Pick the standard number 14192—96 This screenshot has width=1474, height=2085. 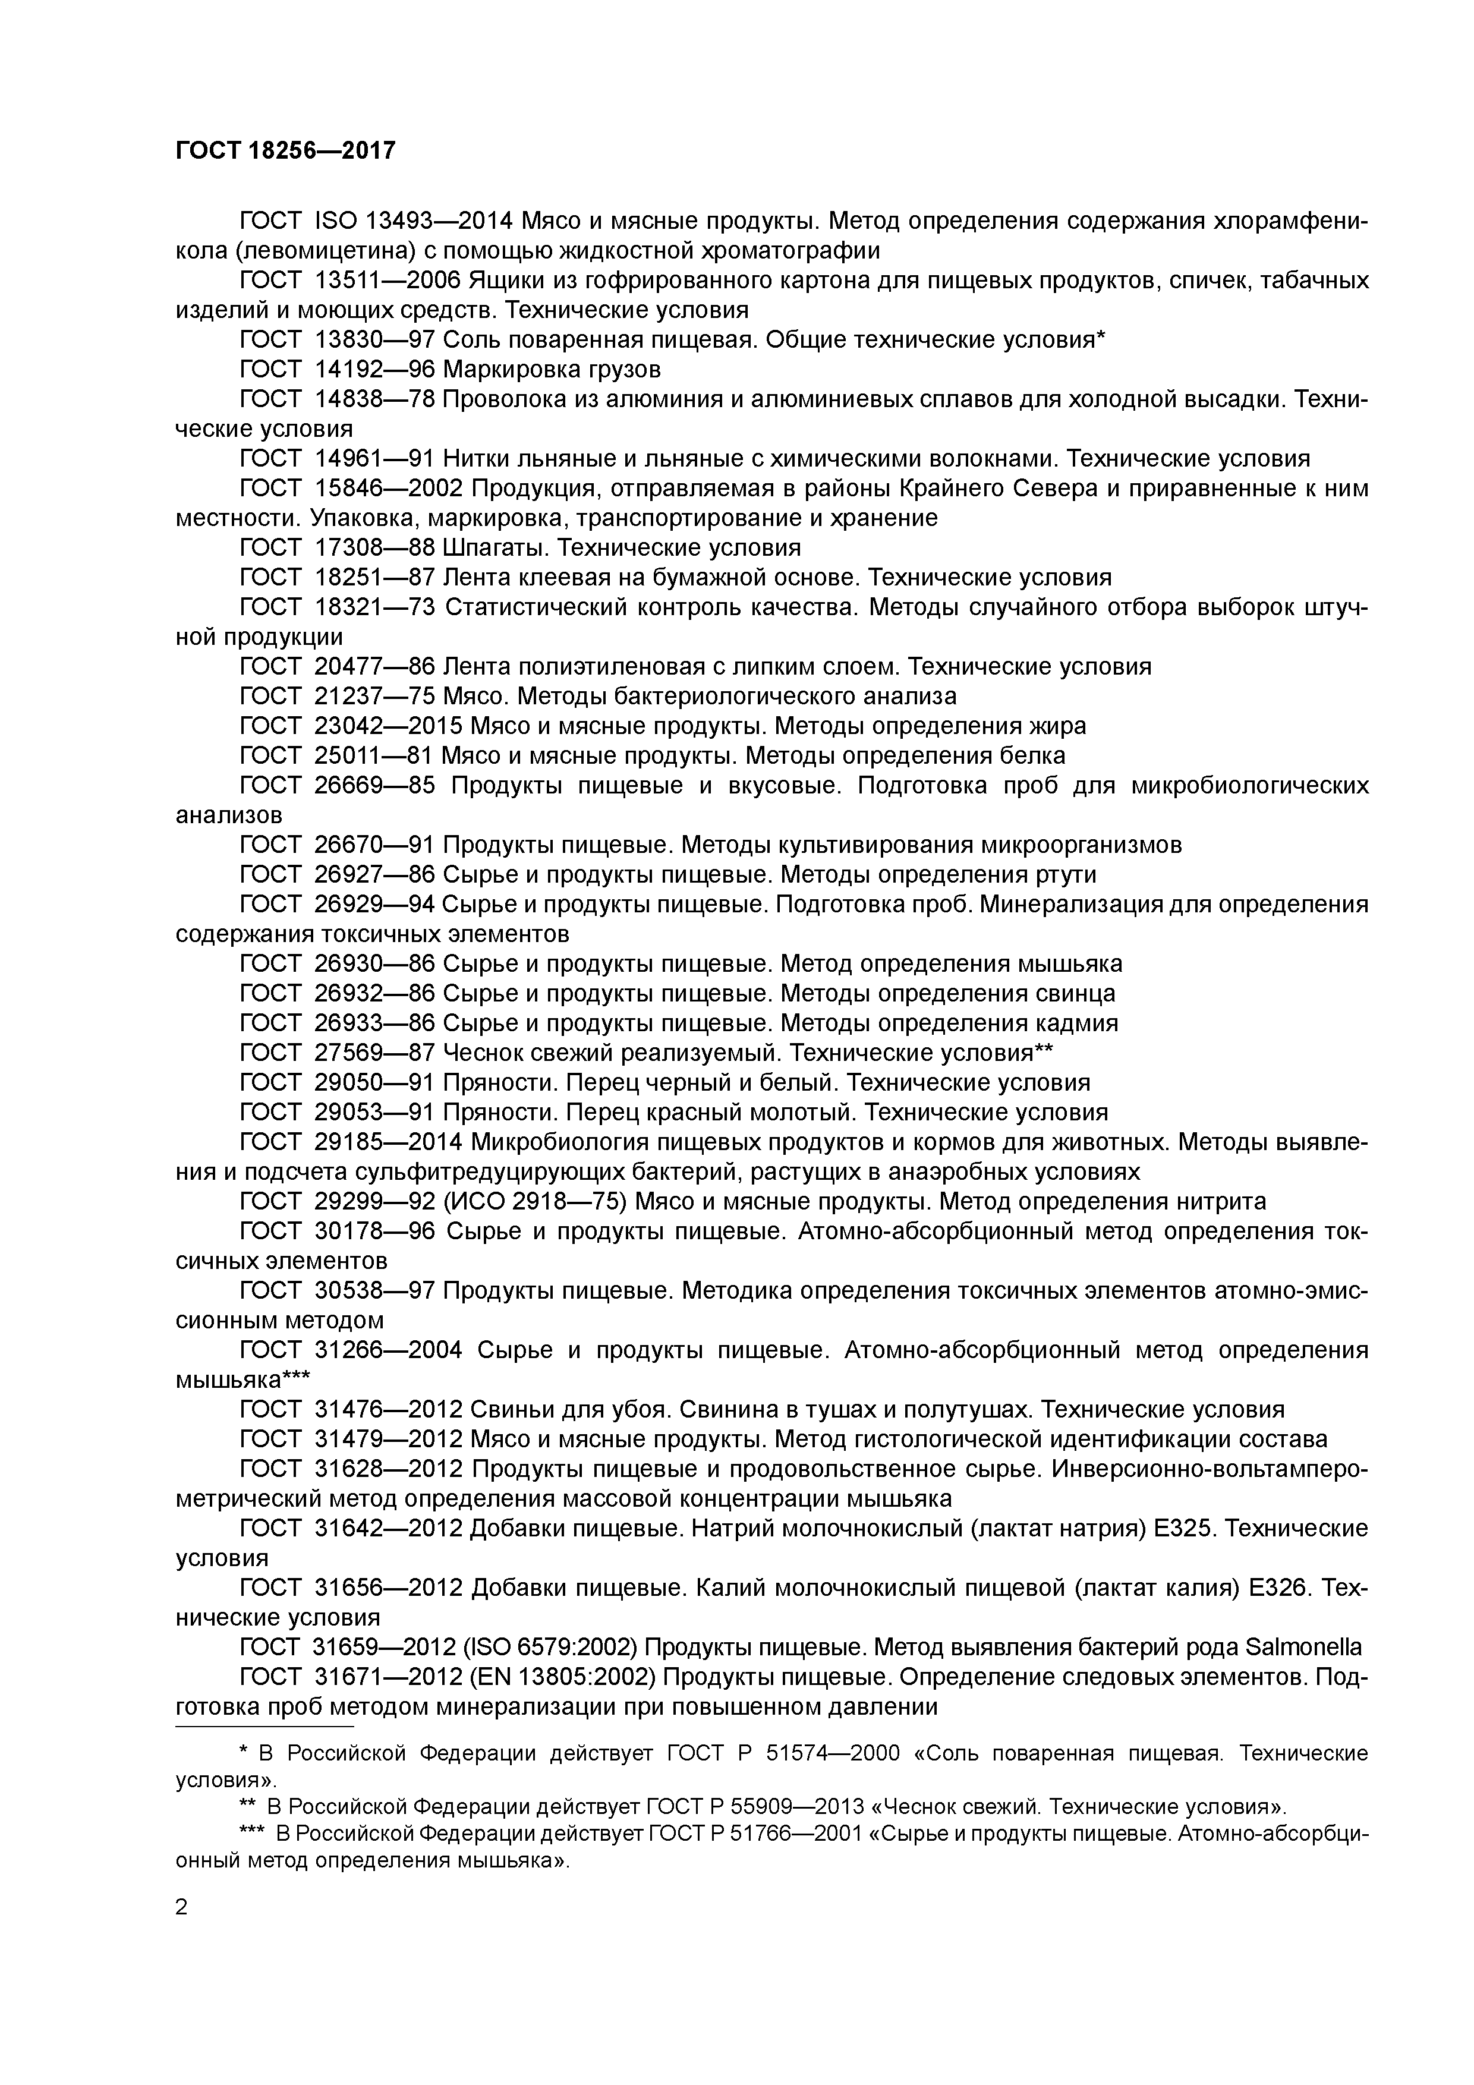pyautogui.click(x=376, y=370)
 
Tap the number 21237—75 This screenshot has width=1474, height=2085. pyautogui.click(x=376, y=697)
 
